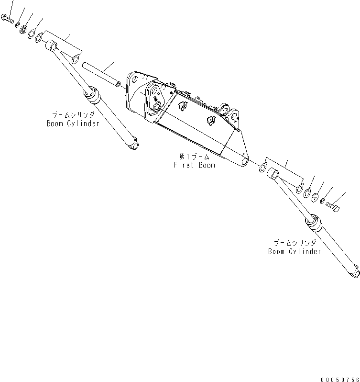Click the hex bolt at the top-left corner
[x=8, y=19]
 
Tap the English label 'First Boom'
[x=194, y=165]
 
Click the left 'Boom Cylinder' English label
[x=73, y=124]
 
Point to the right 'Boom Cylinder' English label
[x=295, y=251]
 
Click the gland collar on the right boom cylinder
[x=313, y=223]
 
